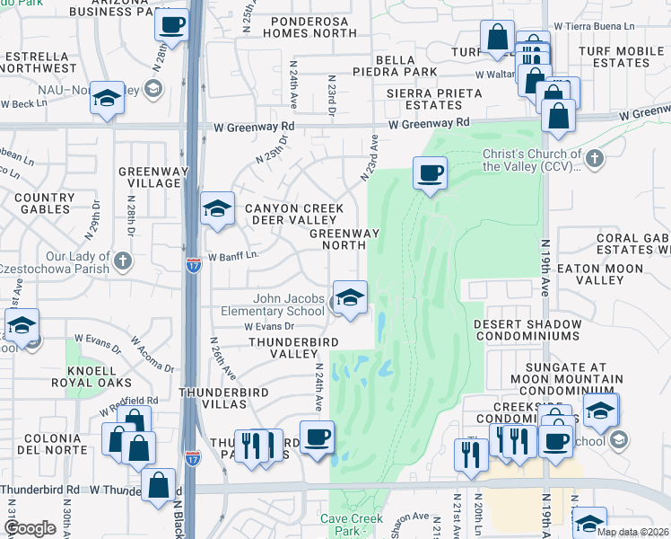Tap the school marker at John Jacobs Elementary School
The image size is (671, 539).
click(x=349, y=297)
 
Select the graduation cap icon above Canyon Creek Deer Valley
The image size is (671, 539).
click(x=216, y=209)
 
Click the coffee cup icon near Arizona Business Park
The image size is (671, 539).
click(x=171, y=24)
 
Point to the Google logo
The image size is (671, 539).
click(x=30, y=528)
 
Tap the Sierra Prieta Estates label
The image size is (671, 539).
click(x=423, y=99)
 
